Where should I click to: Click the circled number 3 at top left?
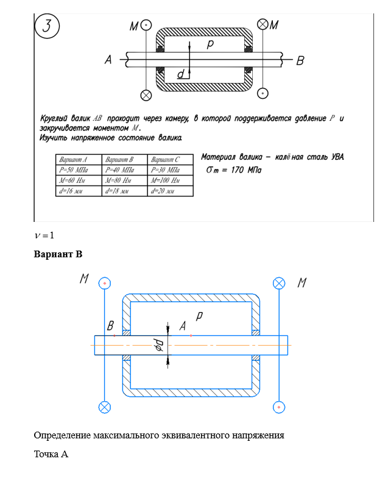pos(47,26)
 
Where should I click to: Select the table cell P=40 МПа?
pos(124,169)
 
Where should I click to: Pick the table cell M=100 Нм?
pos(171,180)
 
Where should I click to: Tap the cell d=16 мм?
pos(79,191)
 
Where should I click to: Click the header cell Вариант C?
pos(171,160)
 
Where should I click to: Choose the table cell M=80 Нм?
pos(124,180)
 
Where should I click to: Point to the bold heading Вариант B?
pos(58,254)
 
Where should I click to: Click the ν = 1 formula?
pos(44,235)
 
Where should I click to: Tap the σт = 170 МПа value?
pos(234,169)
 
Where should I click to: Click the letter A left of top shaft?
pos(108,60)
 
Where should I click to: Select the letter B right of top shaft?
pos(300,61)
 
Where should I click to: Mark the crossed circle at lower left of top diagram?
pos(146,95)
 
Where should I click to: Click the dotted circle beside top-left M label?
pos(146,24)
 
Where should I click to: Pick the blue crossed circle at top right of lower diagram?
pos(279,283)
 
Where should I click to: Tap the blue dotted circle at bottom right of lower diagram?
pos(279,407)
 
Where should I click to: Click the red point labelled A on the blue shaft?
pos(191,335)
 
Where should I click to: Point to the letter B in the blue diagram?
pos(110,326)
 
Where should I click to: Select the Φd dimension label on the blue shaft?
pos(160,345)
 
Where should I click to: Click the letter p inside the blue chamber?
pos(199,316)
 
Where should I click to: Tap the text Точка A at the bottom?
pos(51,454)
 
